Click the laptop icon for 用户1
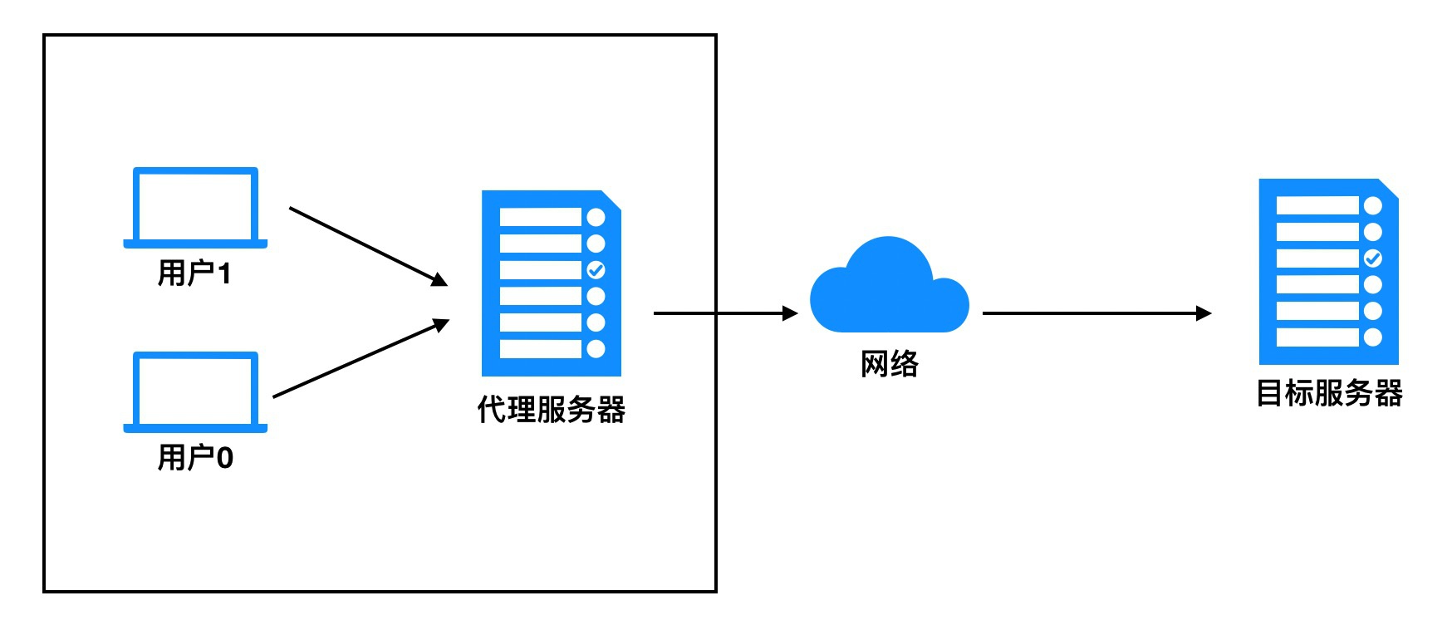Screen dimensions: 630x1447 pos(195,207)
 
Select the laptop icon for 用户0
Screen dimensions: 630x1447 pos(195,391)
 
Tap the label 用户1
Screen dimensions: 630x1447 pos(194,273)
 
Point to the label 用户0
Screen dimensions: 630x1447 pos(195,457)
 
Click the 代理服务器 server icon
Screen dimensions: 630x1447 pos(551,283)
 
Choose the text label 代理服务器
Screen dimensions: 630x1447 pos(551,410)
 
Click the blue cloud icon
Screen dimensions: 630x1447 pos(889,288)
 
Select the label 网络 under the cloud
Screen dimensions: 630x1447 pos(889,364)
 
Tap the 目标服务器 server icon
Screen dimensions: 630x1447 pos(1327,272)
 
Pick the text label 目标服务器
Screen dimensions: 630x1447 pos(1328,393)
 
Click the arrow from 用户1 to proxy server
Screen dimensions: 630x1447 pos(368,246)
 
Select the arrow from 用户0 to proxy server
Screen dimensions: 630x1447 pos(361,358)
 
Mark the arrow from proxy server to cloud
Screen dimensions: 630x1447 pos(724,313)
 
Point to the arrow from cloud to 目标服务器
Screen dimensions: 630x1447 pos(1096,313)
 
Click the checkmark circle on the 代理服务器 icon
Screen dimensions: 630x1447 pos(596,270)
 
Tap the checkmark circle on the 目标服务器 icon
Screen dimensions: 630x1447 pos(1373,258)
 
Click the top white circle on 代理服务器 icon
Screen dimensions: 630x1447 pos(596,218)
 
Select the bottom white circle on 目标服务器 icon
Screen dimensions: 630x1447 pos(1373,337)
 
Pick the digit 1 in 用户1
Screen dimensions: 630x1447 pos(223,273)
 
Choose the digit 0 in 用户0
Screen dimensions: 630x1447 pos(224,457)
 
